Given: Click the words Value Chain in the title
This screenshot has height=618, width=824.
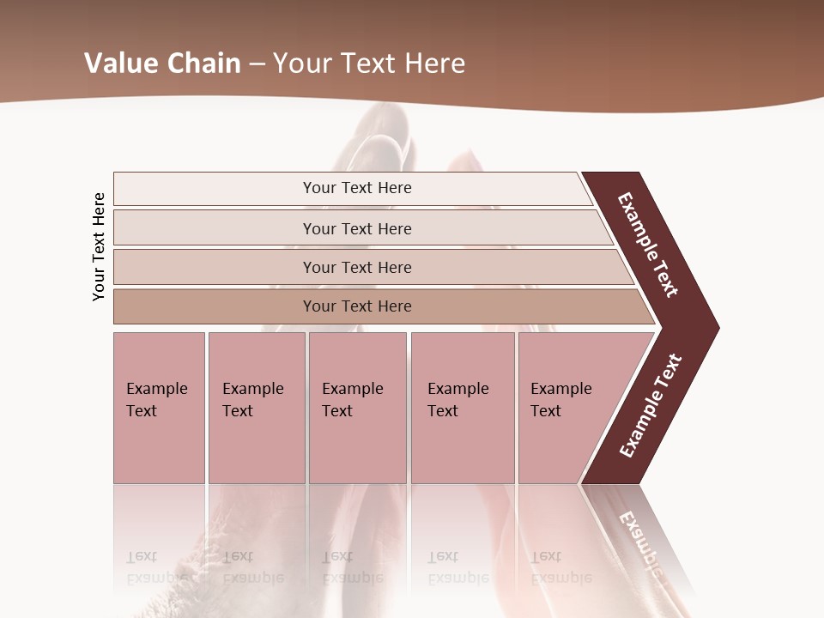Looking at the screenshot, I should (x=162, y=64).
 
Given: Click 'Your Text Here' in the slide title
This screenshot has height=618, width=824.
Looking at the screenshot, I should (x=369, y=64).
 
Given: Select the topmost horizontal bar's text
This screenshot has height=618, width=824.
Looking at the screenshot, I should (x=357, y=188).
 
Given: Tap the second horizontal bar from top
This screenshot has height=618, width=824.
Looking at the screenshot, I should (x=357, y=228).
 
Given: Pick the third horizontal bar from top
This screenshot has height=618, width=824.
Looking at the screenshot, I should (x=357, y=267).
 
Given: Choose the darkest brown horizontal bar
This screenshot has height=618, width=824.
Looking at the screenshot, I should (x=357, y=306).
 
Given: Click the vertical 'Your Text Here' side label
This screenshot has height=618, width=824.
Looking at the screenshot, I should (x=100, y=246).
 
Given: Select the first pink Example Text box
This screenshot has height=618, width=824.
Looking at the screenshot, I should (x=159, y=408).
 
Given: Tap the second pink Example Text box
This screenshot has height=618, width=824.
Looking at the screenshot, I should (x=257, y=408).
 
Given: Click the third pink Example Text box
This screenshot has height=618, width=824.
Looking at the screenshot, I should (x=357, y=408).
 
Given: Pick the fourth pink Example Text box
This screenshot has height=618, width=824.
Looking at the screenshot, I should (x=463, y=408).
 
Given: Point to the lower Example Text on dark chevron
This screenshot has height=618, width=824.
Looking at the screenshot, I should (x=651, y=406).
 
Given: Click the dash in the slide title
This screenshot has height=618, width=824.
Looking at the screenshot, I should (x=257, y=64).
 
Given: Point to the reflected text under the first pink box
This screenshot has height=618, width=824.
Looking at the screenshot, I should (x=157, y=567).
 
